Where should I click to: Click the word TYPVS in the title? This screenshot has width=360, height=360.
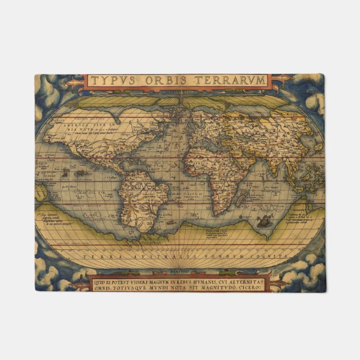pos(113,80)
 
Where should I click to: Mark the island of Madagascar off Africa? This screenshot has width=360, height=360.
pos(242,197)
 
